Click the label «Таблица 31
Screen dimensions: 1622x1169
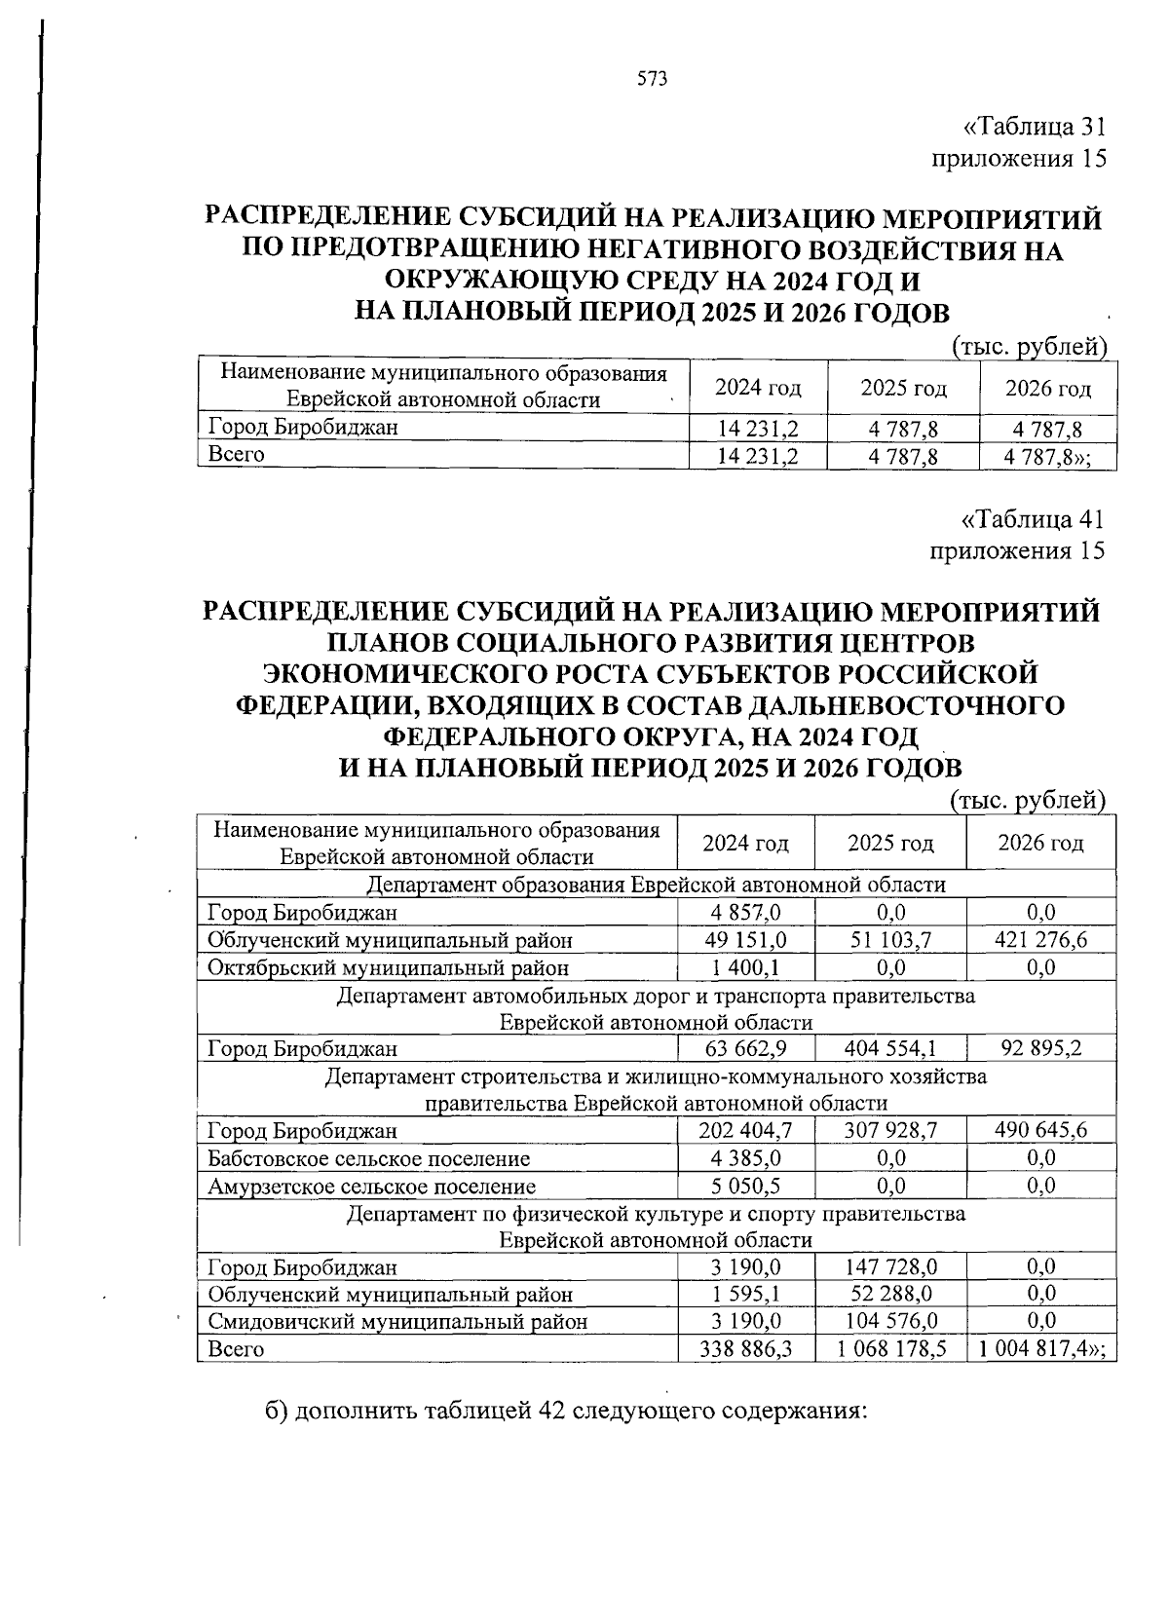tap(1034, 127)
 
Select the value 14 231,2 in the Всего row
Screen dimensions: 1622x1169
tap(758, 455)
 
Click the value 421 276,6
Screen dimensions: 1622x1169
tap(1040, 939)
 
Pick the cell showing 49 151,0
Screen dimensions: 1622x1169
tap(745, 939)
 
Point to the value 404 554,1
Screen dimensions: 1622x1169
tap(890, 1048)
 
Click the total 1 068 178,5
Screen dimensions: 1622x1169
tap(890, 1348)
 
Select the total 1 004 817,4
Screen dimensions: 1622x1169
tap(1038, 1348)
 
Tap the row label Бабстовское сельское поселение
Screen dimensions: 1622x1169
tap(369, 1158)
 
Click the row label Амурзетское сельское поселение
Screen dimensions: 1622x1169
tap(371, 1186)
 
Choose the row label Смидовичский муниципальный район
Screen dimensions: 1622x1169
tap(397, 1321)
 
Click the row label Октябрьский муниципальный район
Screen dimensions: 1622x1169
tap(388, 967)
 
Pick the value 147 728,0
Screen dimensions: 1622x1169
tap(890, 1266)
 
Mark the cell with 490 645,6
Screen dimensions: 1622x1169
tap(1040, 1130)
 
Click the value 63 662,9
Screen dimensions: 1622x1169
tap(745, 1048)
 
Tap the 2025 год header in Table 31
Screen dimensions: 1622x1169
tap(903, 388)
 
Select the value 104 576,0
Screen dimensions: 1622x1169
tap(890, 1321)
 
